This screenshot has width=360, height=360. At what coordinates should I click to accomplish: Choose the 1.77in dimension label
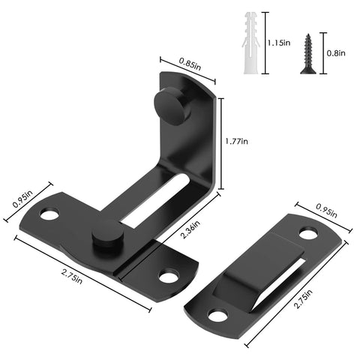[x=239, y=140]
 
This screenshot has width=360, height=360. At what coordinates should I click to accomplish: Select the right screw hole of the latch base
[x=169, y=276]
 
